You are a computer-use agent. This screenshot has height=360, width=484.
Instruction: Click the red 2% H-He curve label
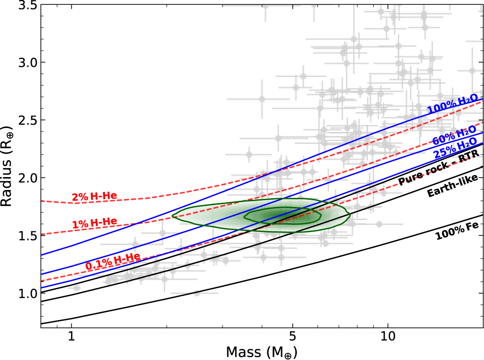pos(94,197)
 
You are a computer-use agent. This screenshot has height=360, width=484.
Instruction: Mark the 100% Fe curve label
pos(457,229)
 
